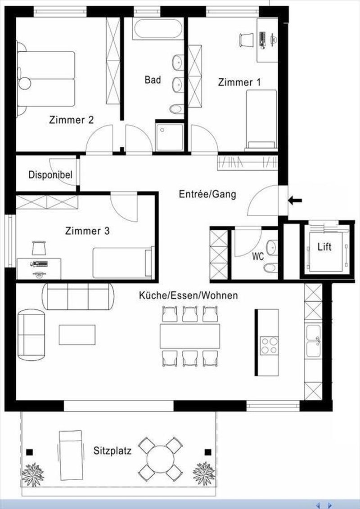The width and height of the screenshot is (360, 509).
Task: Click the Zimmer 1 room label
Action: (x=239, y=82)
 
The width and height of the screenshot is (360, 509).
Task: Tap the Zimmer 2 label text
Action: (x=72, y=120)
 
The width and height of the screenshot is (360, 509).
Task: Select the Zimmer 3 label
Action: (x=87, y=231)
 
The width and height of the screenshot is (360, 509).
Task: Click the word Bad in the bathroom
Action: (x=153, y=80)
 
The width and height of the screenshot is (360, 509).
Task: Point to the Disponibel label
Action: (x=50, y=175)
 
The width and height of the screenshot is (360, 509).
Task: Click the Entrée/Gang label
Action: (x=207, y=194)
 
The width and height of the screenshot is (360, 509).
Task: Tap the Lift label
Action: (x=324, y=247)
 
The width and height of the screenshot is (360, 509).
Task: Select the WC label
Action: (x=258, y=257)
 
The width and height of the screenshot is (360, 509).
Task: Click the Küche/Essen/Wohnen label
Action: (x=188, y=295)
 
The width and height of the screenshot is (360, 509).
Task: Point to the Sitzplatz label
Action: (x=112, y=451)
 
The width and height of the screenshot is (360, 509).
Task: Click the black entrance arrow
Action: (x=295, y=201)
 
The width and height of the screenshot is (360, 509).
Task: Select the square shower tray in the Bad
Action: (x=170, y=136)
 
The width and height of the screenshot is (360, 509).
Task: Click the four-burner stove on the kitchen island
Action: (x=269, y=345)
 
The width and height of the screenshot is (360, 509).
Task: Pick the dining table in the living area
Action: (x=190, y=335)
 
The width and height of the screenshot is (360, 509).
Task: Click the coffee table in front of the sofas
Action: (x=77, y=335)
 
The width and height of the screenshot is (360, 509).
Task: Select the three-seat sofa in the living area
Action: (x=78, y=296)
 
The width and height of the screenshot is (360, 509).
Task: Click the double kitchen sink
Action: (x=313, y=341)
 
